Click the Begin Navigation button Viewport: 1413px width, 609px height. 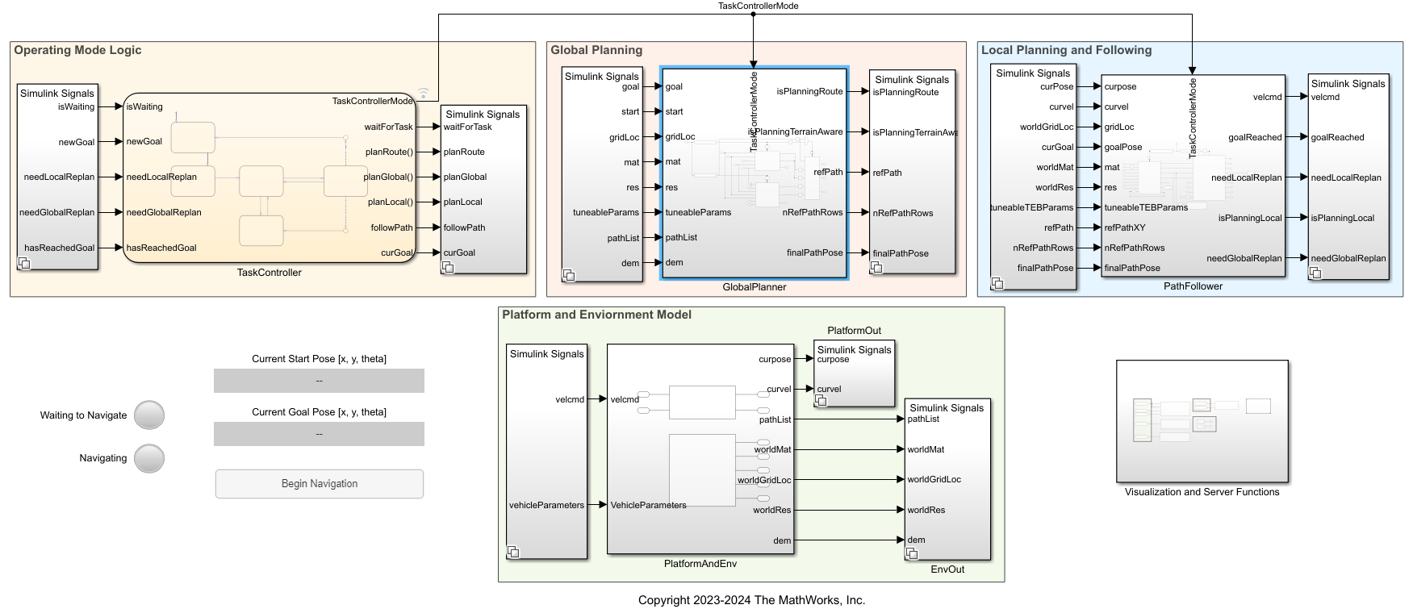point(319,484)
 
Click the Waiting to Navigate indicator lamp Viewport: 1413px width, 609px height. point(149,415)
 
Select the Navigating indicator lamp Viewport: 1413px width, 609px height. point(149,458)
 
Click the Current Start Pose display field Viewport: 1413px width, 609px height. point(319,381)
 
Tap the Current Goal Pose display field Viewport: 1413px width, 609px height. point(319,434)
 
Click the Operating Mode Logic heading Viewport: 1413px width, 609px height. point(77,50)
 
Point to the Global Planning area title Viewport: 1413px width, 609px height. point(596,50)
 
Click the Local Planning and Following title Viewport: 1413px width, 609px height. point(1066,50)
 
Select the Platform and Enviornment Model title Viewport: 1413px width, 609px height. point(596,315)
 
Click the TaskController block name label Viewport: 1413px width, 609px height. point(269,273)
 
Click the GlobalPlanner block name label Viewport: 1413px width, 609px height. point(754,287)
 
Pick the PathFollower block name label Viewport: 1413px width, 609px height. point(1193,286)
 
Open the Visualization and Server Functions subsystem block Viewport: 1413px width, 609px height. point(1202,421)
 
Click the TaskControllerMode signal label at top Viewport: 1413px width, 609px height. point(758,6)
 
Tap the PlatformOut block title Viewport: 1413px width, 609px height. point(854,331)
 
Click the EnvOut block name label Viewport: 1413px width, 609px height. point(947,569)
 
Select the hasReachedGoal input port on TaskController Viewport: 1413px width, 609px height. point(161,248)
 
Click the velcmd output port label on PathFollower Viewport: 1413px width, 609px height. point(1267,97)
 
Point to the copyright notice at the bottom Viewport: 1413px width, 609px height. point(751,600)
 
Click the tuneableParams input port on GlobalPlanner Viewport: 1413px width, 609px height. point(698,212)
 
